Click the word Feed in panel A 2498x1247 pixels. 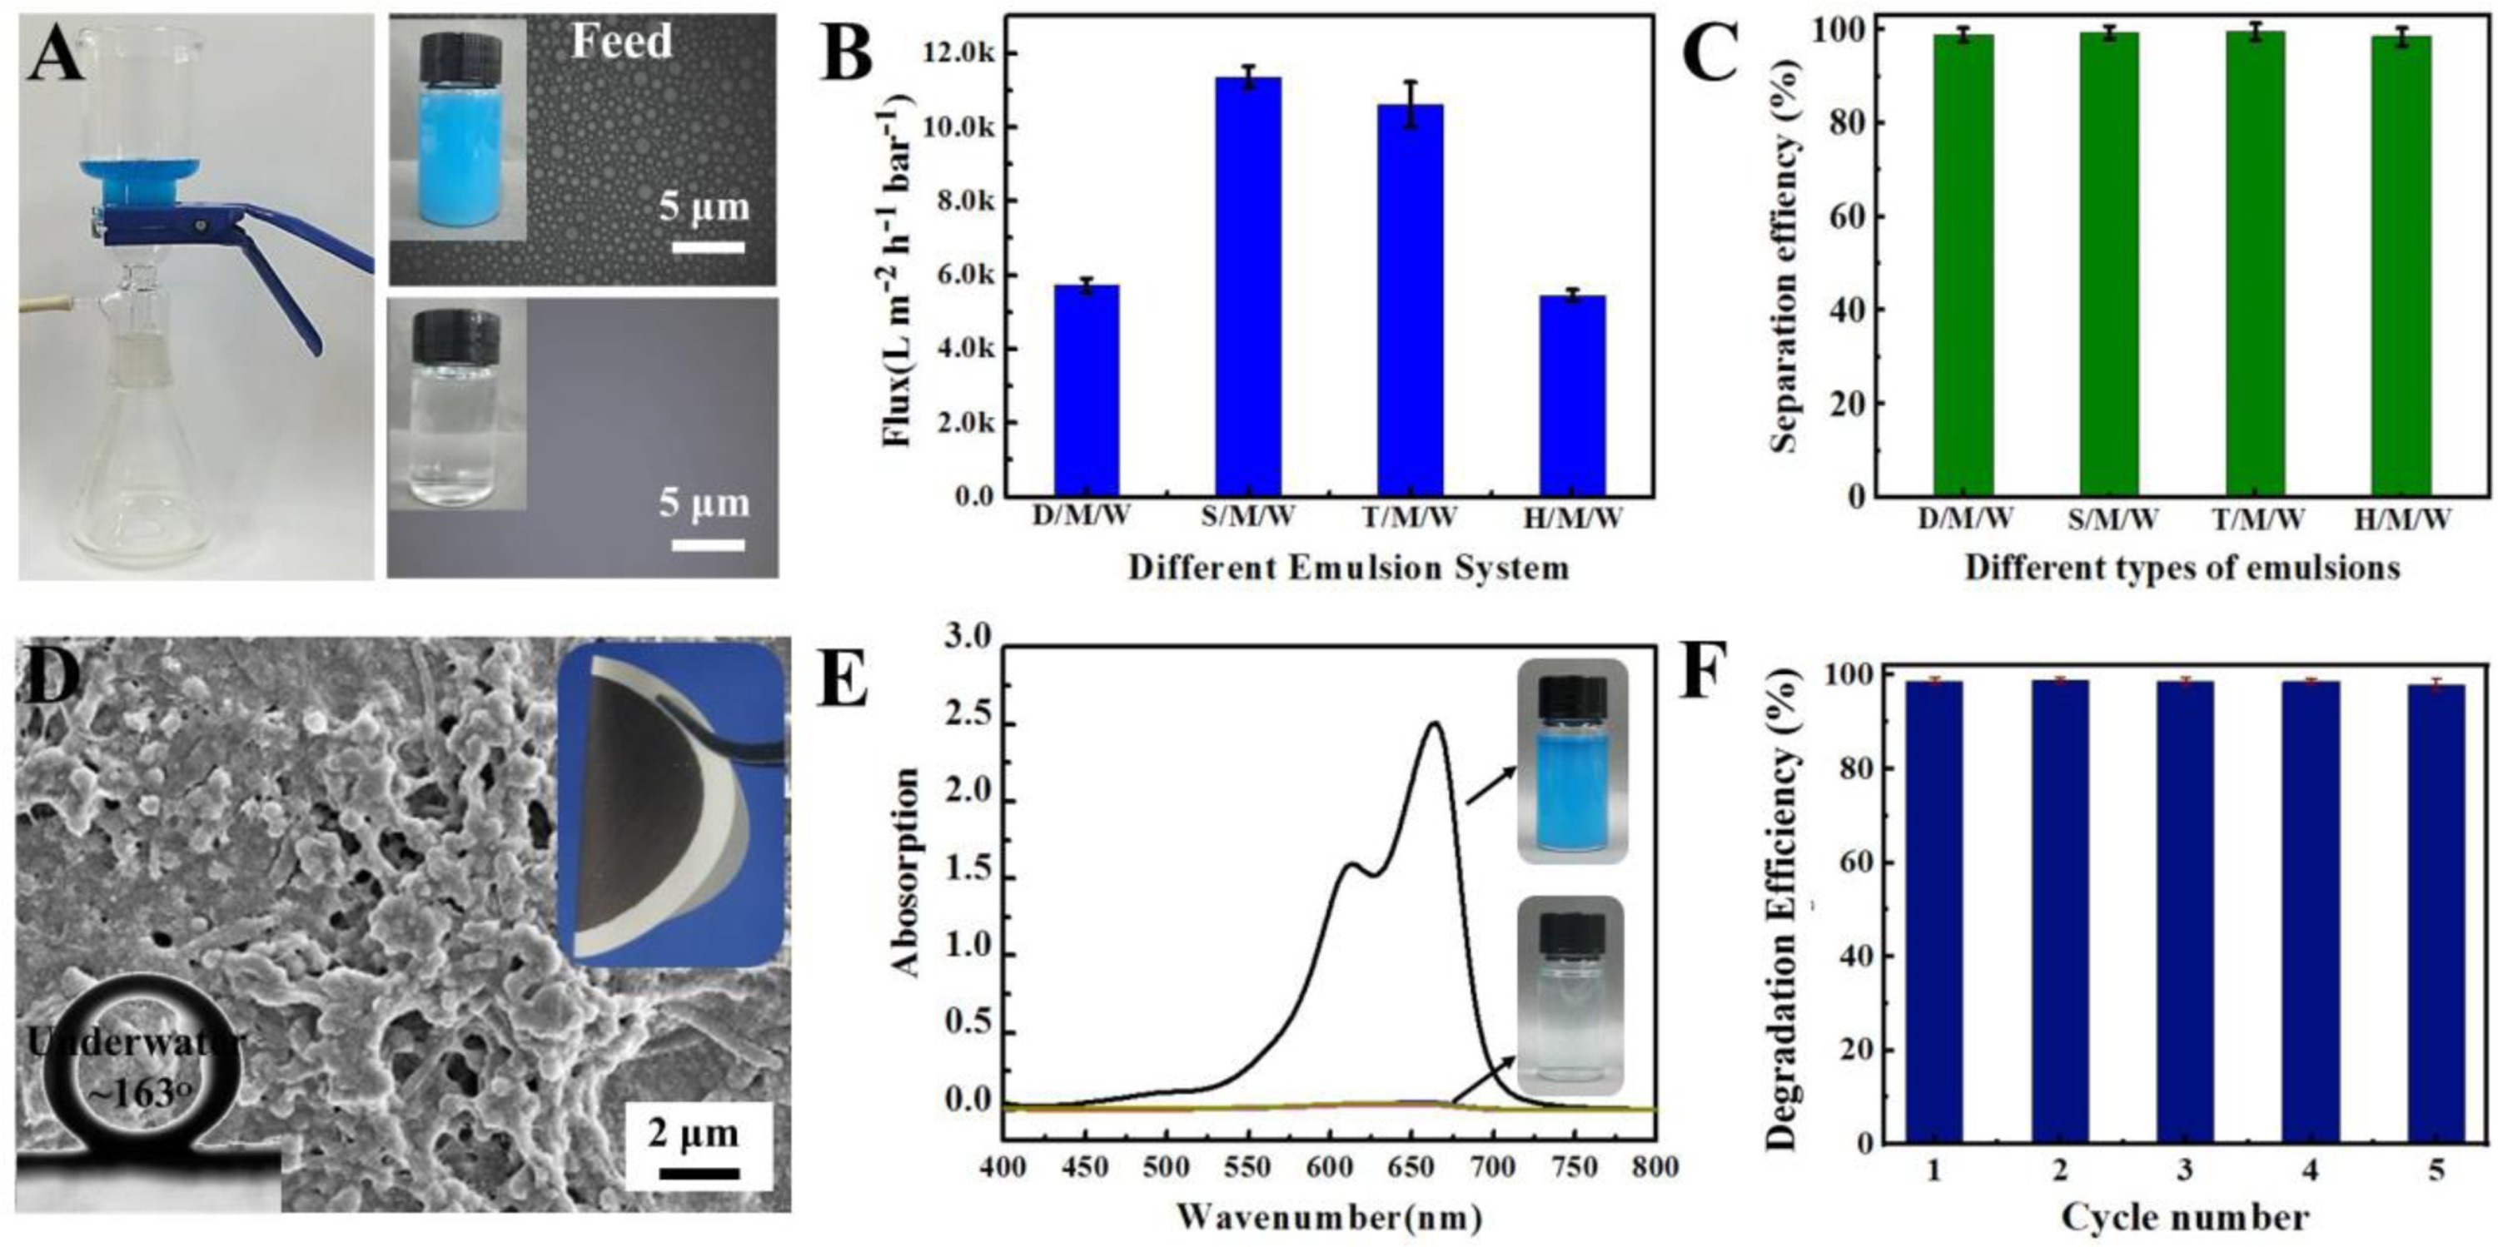[x=620, y=42]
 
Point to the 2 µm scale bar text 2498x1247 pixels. [x=694, y=1133]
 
